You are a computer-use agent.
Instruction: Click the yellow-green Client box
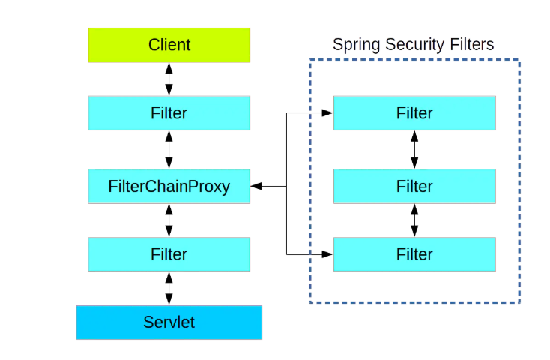(x=169, y=45)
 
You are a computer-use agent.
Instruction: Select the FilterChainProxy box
(x=169, y=186)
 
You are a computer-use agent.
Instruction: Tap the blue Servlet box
(x=169, y=322)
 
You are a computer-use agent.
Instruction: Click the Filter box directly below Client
(x=169, y=113)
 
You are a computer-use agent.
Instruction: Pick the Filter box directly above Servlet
(x=169, y=254)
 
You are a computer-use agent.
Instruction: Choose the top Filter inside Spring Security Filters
(x=414, y=113)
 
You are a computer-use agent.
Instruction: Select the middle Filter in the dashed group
(x=414, y=186)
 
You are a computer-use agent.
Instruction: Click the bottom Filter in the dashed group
(x=414, y=254)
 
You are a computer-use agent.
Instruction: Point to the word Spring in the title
(x=353, y=45)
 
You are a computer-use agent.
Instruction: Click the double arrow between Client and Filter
(x=169, y=79)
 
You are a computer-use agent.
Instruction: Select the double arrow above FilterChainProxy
(x=169, y=149)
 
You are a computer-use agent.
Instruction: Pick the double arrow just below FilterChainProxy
(x=169, y=220)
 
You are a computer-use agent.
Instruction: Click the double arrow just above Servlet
(x=169, y=288)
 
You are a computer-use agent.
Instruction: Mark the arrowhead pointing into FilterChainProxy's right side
(x=256, y=186)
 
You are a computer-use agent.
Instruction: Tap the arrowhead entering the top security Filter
(x=327, y=113)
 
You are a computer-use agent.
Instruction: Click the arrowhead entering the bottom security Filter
(x=327, y=254)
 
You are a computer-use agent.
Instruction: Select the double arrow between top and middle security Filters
(x=414, y=149)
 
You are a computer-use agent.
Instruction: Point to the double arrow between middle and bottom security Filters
(x=414, y=220)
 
